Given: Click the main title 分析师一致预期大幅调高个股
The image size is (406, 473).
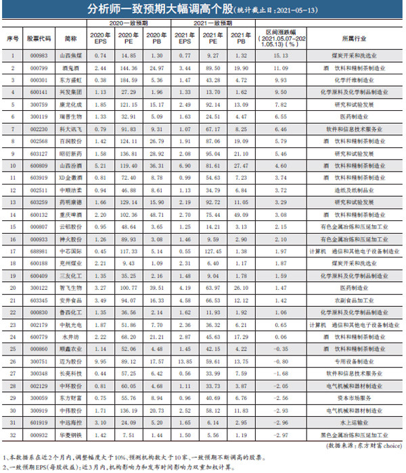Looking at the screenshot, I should pyautogui.click(x=162, y=9).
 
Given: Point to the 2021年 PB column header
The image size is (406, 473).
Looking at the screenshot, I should pyautogui.click(x=238, y=40).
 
